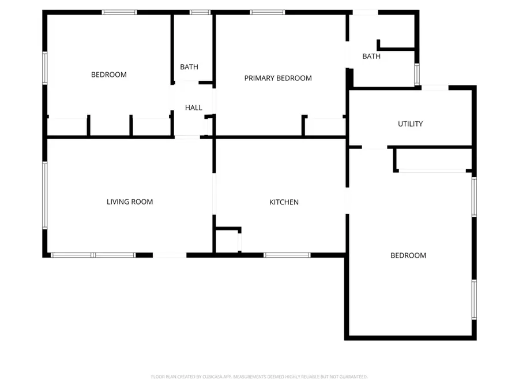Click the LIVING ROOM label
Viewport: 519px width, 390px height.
point(130,202)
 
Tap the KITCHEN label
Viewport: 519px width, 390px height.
point(284,202)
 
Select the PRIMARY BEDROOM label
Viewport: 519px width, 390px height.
point(278,78)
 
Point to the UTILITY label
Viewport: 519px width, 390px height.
point(410,124)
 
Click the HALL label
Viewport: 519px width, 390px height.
point(194,107)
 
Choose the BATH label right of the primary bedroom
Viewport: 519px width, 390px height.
point(371,56)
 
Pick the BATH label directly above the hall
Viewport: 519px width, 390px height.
point(189,67)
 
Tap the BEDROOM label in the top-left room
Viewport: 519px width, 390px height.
point(109,75)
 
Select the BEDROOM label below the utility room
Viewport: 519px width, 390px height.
point(408,255)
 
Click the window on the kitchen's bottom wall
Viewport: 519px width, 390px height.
point(287,255)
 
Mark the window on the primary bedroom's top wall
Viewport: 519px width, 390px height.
point(268,12)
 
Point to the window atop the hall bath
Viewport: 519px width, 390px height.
point(200,12)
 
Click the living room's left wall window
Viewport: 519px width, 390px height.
point(45,195)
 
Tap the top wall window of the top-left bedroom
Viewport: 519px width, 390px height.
point(120,12)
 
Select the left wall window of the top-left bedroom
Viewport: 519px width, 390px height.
point(45,68)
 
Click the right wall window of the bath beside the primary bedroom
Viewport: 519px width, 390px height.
point(417,75)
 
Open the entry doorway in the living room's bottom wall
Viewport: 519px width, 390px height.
point(170,255)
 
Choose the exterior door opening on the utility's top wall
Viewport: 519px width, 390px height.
point(435,88)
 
